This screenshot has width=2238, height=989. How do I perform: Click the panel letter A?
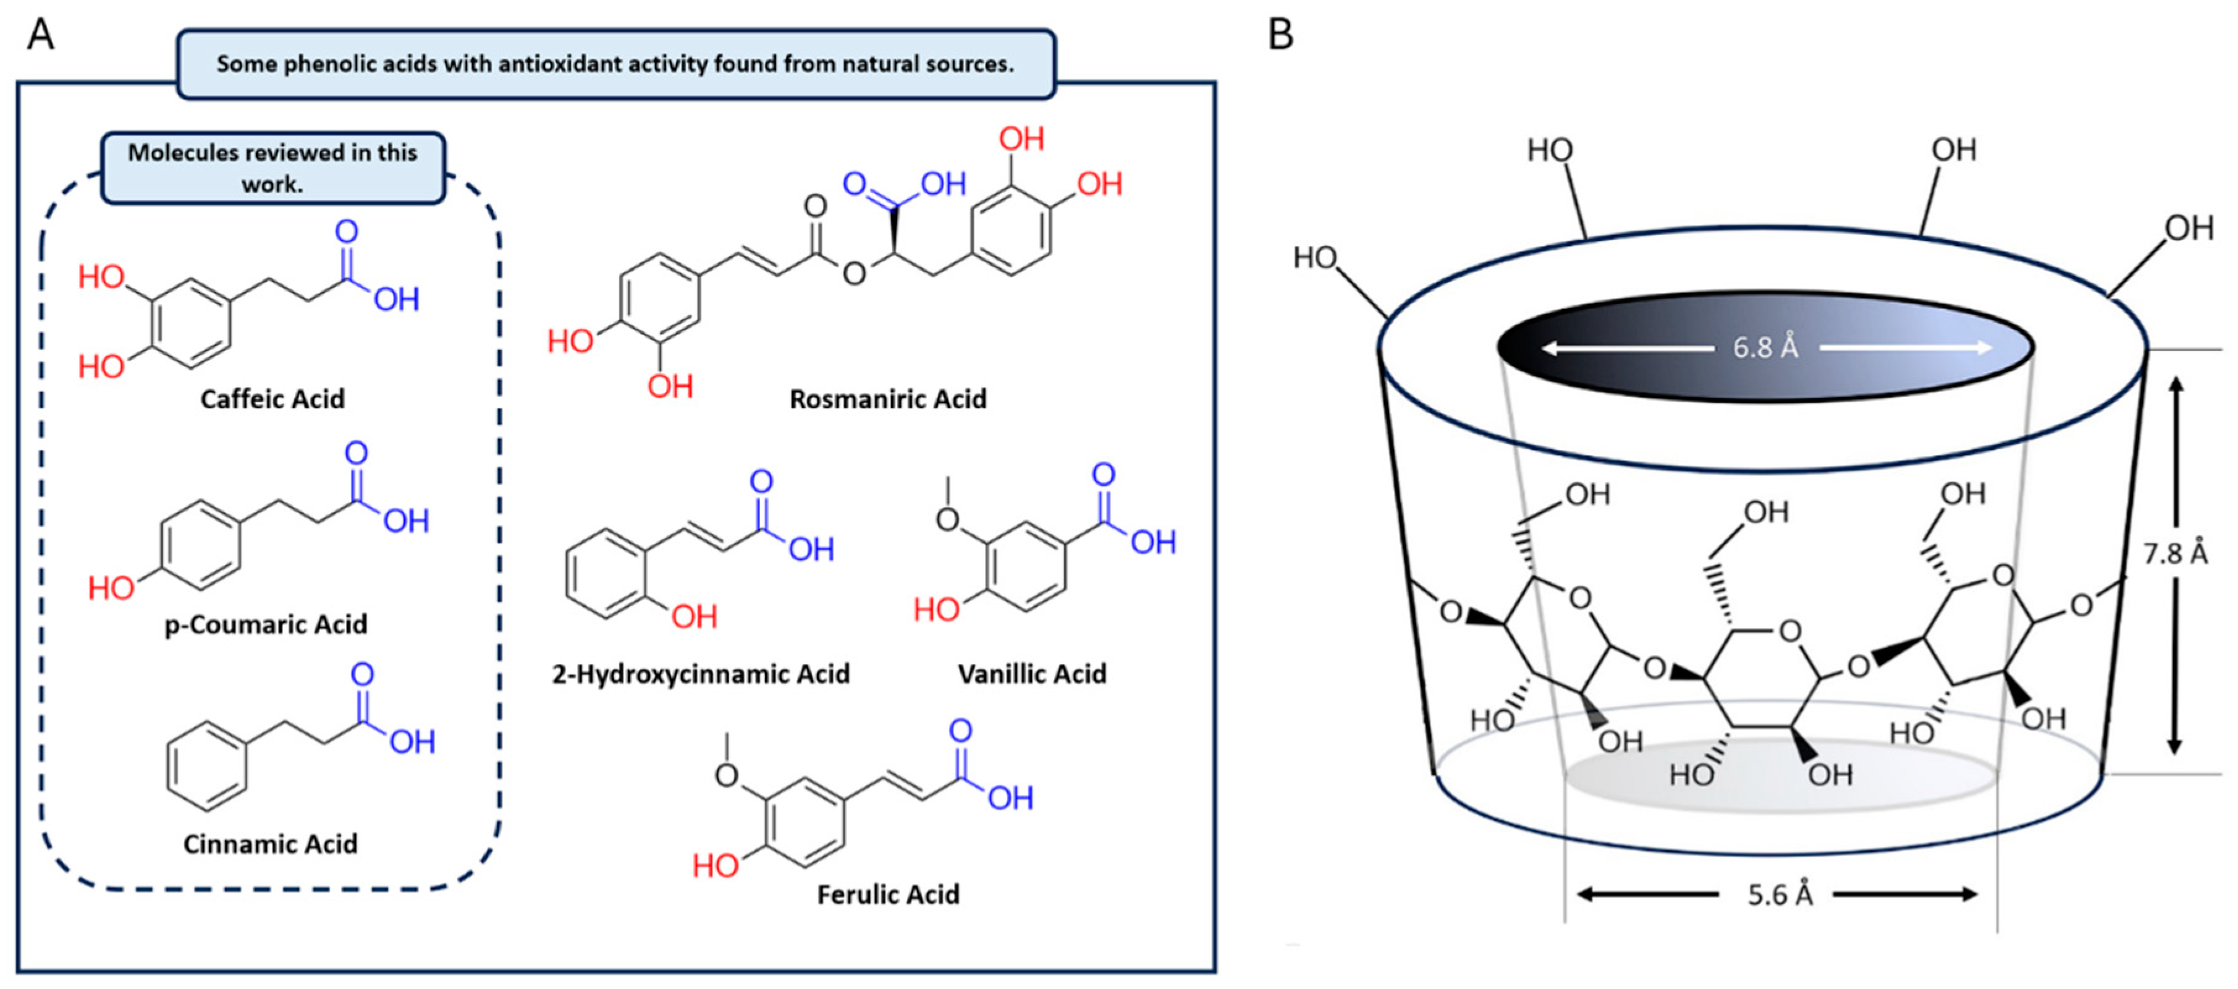[40, 35]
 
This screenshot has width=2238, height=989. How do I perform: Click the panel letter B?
[1281, 35]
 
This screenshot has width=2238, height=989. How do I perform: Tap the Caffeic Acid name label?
[272, 399]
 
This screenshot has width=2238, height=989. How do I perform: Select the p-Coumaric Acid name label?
[266, 624]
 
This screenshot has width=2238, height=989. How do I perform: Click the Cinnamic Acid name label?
[270, 844]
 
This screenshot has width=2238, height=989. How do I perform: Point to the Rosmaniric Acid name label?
[887, 399]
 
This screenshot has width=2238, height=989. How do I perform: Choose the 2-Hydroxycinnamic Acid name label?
[700, 674]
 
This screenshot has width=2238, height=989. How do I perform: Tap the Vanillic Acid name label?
[1031, 674]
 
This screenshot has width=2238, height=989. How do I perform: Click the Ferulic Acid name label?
[888, 894]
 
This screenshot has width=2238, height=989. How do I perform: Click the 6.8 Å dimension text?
[1765, 347]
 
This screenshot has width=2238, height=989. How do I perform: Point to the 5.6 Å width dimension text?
[1780, 894]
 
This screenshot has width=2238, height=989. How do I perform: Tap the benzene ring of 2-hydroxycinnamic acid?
[606, 574]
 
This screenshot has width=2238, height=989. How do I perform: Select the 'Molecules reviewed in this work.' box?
[273, 168]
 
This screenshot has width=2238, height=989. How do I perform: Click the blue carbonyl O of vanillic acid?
[1104, 475]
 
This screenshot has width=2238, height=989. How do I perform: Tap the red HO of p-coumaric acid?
[111, 588]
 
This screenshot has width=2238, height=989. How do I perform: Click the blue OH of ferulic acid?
[1010, 798]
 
